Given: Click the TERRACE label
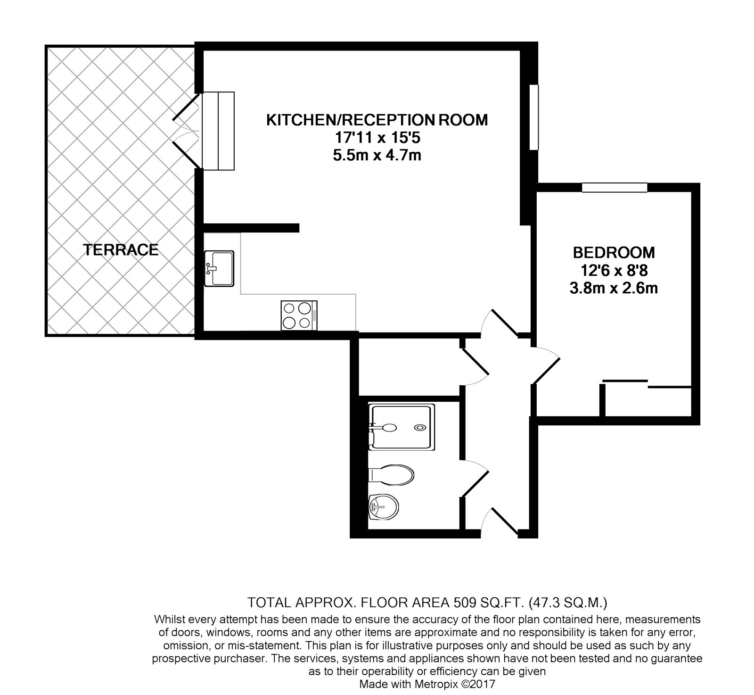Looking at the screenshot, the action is [121, 250].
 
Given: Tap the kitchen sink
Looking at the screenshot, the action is [219, 268].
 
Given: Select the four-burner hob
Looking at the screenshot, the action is [299, 315].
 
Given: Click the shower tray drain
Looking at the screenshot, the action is [418, 427].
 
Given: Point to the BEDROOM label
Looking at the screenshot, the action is [614, 253].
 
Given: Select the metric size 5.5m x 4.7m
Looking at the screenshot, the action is [377, 155].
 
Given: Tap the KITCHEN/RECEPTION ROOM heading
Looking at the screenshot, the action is [377, 120].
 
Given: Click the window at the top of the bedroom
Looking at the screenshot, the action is [615, 188].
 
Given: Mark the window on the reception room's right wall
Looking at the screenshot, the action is [533, 117].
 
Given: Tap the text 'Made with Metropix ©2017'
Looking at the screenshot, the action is [427, 684].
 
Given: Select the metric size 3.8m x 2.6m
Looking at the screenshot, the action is [614, 288].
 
